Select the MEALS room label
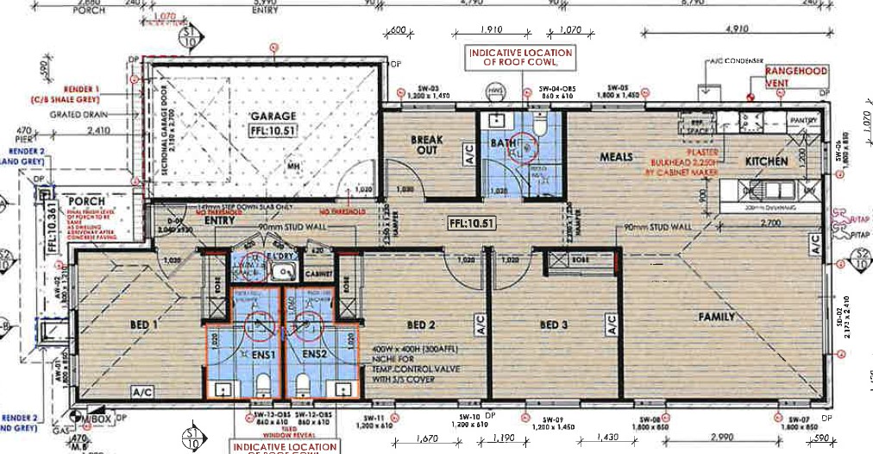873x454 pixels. [618, 157]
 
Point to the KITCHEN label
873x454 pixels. [766, 161]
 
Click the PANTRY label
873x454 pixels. [803, 120]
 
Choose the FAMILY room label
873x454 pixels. [717, 317]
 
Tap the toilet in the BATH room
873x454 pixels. [538, 129]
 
